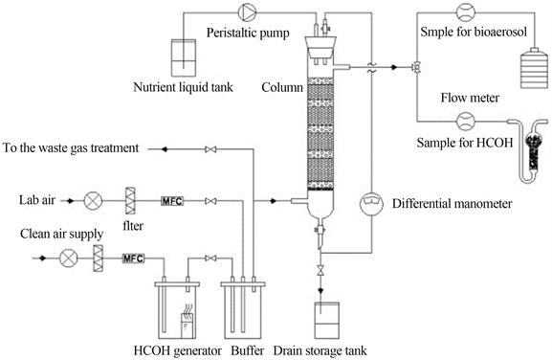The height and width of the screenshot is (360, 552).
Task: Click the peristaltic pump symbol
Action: coord(247,12)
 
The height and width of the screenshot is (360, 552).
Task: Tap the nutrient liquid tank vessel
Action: coord(183,57)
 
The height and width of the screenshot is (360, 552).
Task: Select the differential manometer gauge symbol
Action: coord(371,204)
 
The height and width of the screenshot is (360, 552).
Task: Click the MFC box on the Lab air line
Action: coord(172,201)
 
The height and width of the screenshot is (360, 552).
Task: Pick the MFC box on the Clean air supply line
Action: coord(133,259)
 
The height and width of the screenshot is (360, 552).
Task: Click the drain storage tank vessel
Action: coord(326,320)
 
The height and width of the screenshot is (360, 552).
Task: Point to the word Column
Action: coord(282,87)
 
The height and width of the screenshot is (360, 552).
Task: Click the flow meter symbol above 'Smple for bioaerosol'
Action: coord(465,12)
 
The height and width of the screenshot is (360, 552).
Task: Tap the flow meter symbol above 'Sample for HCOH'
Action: coord(465,122)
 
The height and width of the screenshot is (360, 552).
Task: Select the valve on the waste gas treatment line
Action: coord(210,149)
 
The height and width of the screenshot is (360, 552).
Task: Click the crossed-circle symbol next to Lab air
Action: coord(94,201)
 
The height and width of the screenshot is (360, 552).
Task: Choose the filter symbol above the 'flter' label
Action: coord(130,201)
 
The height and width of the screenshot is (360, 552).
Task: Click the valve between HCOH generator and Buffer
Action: coord(210,259)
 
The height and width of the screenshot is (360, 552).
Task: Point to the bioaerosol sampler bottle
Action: coord(534,68)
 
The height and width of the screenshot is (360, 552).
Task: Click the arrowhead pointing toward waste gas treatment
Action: coord(165,149)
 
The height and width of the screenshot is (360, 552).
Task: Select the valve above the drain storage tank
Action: coord(320,271)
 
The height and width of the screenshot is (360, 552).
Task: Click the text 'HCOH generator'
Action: coord(178,350)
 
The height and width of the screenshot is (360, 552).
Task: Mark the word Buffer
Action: coord(248,350)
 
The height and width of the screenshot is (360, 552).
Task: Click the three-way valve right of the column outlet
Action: coord(417,67)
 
